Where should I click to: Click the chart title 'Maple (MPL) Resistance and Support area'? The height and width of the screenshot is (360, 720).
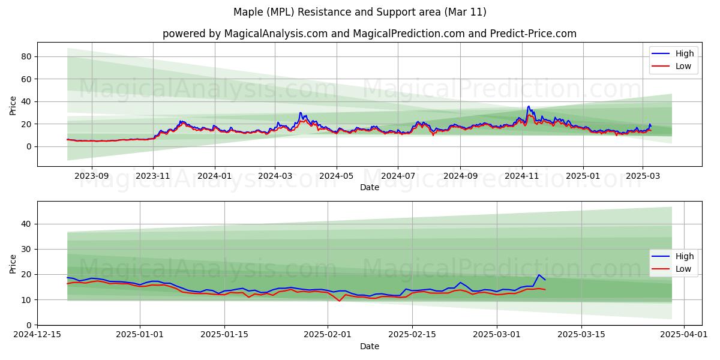[360, 12]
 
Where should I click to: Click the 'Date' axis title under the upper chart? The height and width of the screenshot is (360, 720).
[369, 188]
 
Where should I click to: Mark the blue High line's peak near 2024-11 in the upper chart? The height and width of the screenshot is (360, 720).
[529, 106]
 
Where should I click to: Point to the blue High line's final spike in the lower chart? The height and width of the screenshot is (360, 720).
[539, 275]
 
